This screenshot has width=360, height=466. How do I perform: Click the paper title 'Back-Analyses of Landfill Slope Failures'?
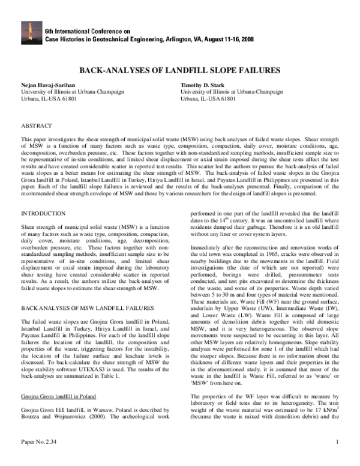tap(179, 70)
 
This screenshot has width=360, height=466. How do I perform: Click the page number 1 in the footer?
tap(338, 460)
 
